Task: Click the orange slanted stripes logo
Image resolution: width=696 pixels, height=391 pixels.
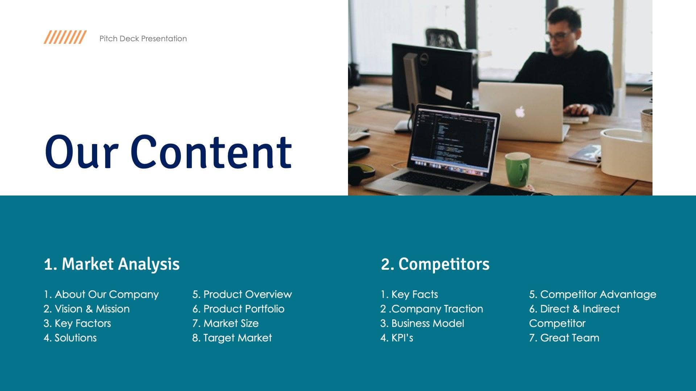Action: pos(65,37)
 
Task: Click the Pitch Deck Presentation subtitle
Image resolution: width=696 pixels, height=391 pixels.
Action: pos(143,39)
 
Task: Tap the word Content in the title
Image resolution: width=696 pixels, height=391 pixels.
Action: pos(211,152)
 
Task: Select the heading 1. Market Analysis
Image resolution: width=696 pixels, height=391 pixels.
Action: pos(112,264)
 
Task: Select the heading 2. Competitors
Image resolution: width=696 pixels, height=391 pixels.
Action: pos(435,264)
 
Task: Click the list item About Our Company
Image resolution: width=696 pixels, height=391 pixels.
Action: pos(101,294)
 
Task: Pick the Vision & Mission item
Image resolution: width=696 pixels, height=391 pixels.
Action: pos(87,309)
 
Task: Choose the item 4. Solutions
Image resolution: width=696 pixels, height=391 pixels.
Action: pos(70,338)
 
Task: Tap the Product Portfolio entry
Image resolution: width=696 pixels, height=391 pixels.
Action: pos(239,309)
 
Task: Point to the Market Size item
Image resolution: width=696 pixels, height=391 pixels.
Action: pos(225,323)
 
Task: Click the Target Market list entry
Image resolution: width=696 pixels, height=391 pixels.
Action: pos(232,338)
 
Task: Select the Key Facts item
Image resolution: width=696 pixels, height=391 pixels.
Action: pos(409,294)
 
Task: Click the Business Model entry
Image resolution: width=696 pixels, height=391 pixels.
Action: pos(422,323)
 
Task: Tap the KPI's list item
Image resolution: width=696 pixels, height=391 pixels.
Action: pos(397,338)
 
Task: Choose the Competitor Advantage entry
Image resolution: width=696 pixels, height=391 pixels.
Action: pos(593,294)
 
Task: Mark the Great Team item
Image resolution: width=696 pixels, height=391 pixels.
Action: pos(564,338)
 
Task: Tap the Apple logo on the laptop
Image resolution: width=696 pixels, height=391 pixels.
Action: pos(520,112)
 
